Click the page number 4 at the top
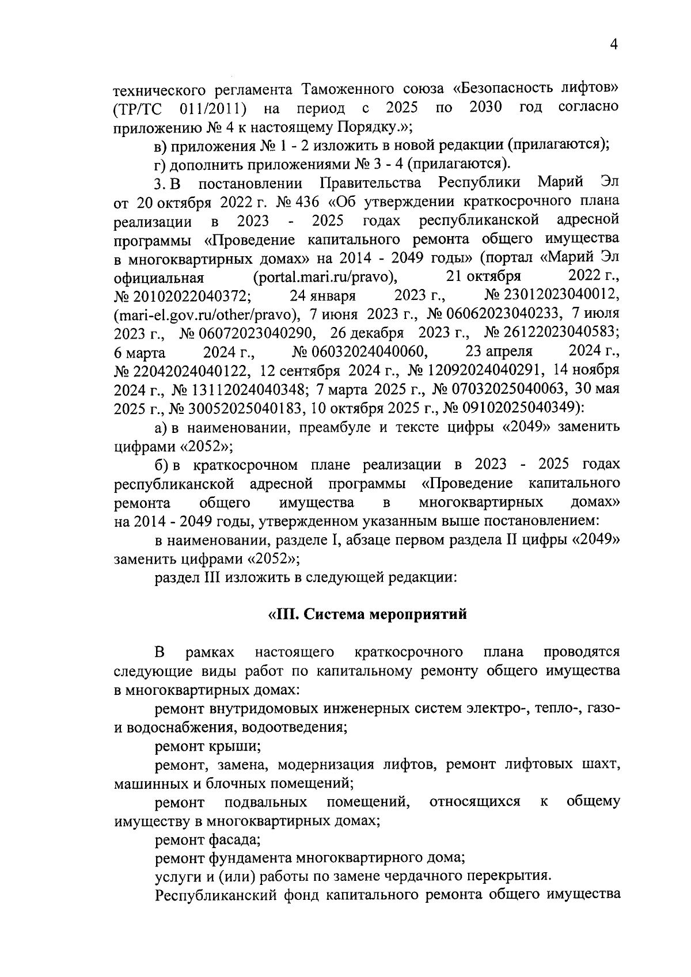[614, 45]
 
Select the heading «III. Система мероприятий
[367, 614]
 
